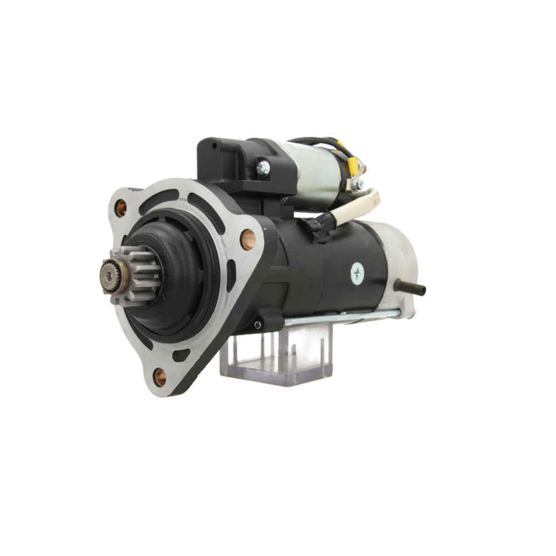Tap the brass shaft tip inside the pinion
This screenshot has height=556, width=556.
click(x=108, y=274)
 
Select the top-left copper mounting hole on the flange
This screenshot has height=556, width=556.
click(x=121, y=208)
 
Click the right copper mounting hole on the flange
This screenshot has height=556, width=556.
click(x=247, y=239)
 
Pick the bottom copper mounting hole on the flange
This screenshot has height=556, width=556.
click(x=160, y=376)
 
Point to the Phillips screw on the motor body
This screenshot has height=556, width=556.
click(x=357, y=273)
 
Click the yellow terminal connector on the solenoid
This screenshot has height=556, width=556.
click(x=352, y=163)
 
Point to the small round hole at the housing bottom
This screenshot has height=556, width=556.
click(x=257, y=325)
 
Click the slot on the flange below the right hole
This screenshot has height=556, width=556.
click(x=231, y=275)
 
